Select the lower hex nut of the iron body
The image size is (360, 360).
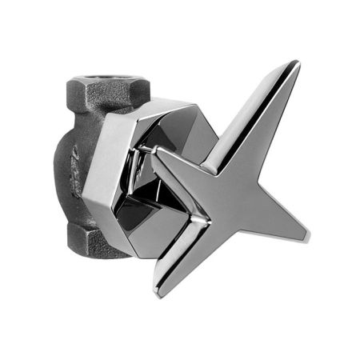94,238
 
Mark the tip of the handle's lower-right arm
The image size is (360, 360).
306,238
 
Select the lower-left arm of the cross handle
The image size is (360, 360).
192,240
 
